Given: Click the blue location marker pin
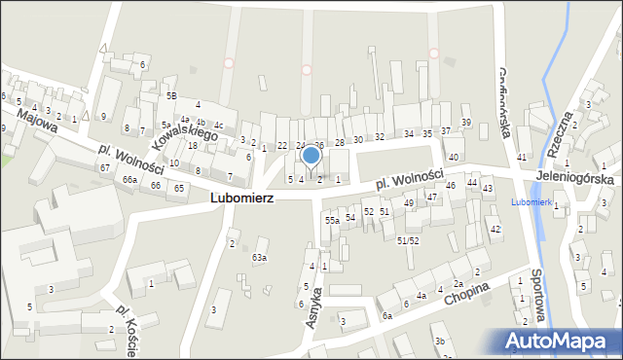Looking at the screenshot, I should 311,156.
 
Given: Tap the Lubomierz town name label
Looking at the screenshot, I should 241,197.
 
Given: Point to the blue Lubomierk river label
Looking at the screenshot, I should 532,201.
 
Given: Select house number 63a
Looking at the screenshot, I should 259,258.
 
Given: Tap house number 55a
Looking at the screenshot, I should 332,221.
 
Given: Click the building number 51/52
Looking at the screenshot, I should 408,239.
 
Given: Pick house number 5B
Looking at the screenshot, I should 170,96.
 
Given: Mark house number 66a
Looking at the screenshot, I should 129,180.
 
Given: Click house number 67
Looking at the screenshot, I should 104,168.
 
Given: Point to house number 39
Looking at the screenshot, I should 466,122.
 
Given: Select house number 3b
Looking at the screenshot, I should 440,341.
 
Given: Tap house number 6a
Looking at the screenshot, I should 386,315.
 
